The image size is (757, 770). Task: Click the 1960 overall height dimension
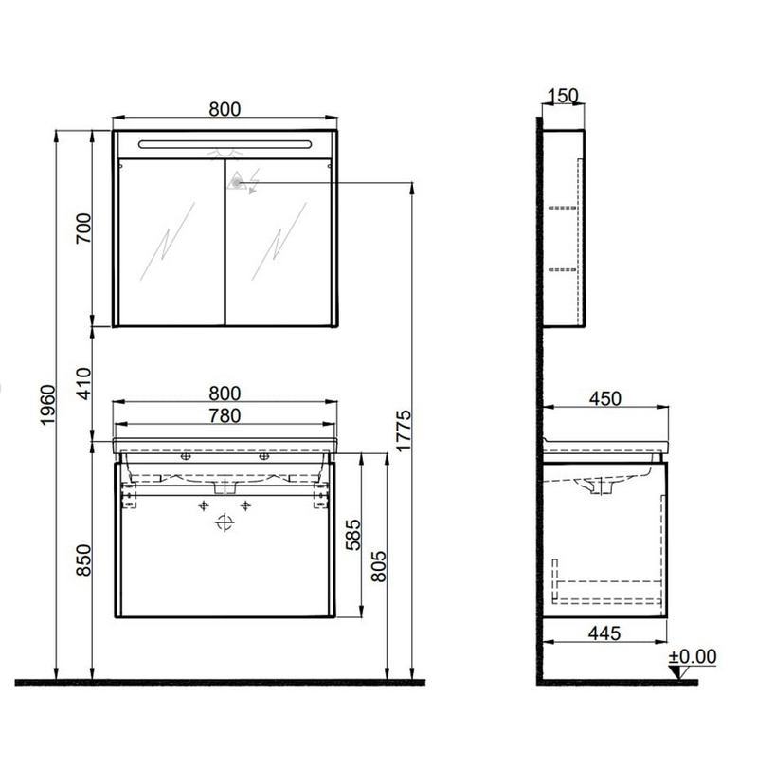pyautogui.click(x=48, y=405)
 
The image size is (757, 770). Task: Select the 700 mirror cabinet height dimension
pyautogui.click(x=83, y=228)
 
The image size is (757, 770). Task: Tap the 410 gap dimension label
pyautogui.click(x=83, y=383)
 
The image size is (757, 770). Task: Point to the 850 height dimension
pyautogui.click(x=83, y=559)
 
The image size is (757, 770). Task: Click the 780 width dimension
pyautogui.click(x=225, y=415)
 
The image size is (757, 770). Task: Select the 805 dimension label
pyautogui.click(x=378, y=566)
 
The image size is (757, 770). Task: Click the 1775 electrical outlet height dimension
pyautogui.click(x=404, y=431)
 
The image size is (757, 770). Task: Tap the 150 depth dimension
pyautogui.click(x=563, y=95)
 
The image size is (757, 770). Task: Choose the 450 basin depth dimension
pyautogui.click(x=605, y=398)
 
